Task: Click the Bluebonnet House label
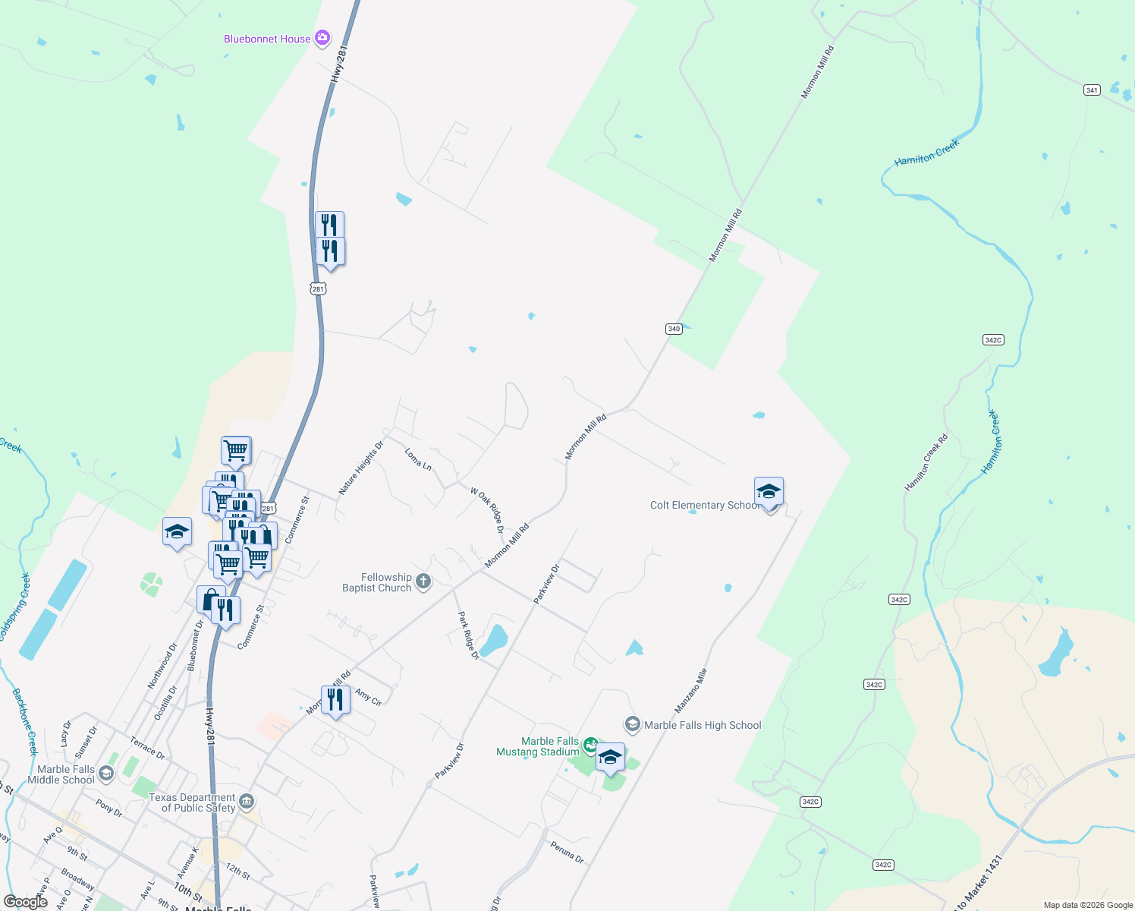(x=267, y=39)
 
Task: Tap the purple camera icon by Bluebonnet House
(x=322, y=38)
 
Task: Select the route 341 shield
(x=1092, y=90)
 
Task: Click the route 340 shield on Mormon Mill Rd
(x=674, y=329)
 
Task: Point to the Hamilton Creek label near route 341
(x=926, y=152)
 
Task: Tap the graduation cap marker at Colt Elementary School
(x=769, y=492)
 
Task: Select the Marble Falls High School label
(x=703, y=725)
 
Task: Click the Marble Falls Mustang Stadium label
(x=538, y=746)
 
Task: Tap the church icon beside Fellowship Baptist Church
(x=423, y=582)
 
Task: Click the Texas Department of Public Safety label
(x=192, y=802)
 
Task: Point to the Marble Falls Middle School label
(x=61, y=774)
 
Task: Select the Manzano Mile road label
(x=690, y=690)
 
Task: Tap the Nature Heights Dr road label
(x=360, y=468)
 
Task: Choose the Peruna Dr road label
(x=567, y=853)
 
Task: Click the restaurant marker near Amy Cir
(x=335, y=700)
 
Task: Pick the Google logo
(x=26, y=902)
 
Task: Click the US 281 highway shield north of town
(x=318, y=288)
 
